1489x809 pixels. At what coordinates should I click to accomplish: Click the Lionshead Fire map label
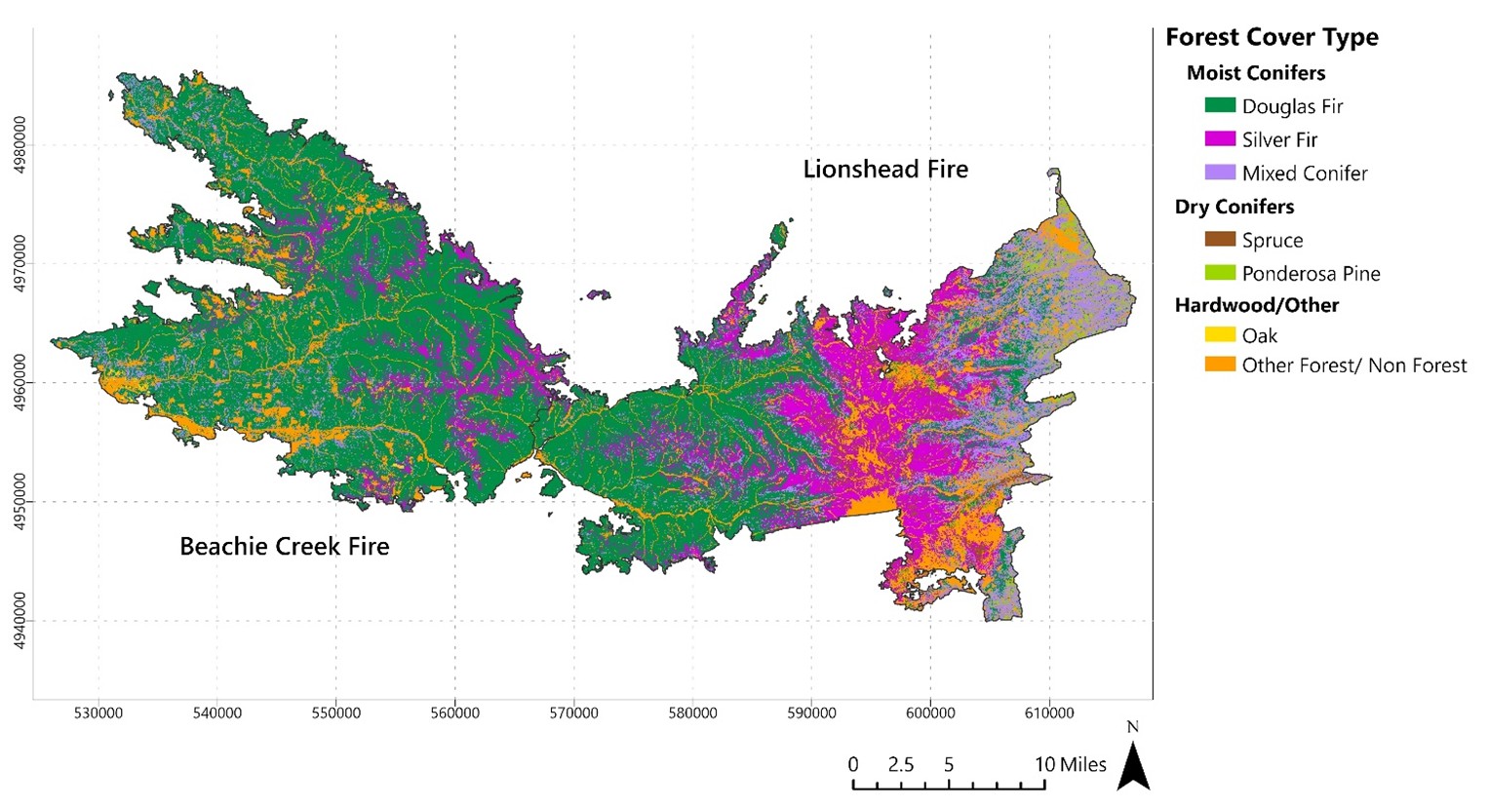[885, 170]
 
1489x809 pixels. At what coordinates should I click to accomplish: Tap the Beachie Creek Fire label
[284, 547]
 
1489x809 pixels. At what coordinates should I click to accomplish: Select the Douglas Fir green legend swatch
[1220, 105]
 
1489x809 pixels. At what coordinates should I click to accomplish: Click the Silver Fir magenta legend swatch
[1220, 139]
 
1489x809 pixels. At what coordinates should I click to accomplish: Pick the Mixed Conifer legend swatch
[1220, 173]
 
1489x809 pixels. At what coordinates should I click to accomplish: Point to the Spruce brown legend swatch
[1220, 240]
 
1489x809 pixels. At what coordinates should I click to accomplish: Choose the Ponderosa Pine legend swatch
[1220, 273]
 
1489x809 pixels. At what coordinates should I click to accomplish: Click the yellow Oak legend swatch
[1220, 335]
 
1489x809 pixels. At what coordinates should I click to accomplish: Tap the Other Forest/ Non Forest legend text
[1353, 366]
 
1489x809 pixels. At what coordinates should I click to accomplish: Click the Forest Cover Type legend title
[1272, 38]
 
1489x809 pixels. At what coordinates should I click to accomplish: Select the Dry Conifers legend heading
[1234, 207]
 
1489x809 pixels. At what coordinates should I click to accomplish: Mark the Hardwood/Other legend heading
[1256, 305]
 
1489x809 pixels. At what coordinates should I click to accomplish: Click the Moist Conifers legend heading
[1256, 73]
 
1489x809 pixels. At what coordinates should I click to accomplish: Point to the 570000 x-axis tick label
[573, 713]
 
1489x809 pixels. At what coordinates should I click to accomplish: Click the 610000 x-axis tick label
[1049, 713]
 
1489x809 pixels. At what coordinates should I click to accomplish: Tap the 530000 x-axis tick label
[98, 713]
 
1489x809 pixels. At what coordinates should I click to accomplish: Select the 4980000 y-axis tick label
[20, 145]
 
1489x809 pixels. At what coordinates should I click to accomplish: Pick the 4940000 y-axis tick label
[20, 621]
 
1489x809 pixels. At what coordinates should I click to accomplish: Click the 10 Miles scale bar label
[1070, 764]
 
